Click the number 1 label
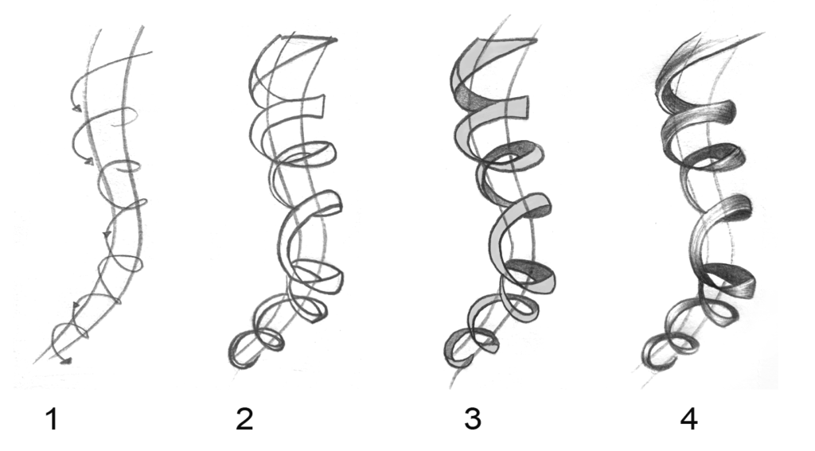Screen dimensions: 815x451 point(52,419)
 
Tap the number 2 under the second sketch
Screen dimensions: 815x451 point(244,419)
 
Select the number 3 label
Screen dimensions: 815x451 point(473,419)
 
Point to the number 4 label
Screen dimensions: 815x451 point(688,419)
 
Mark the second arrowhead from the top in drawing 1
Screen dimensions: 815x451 point(89,162)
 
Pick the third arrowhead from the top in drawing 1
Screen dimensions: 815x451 point(107,235)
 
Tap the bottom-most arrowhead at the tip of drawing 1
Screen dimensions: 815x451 point(65,360)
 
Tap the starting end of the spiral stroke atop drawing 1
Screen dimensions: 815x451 point(150,52)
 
